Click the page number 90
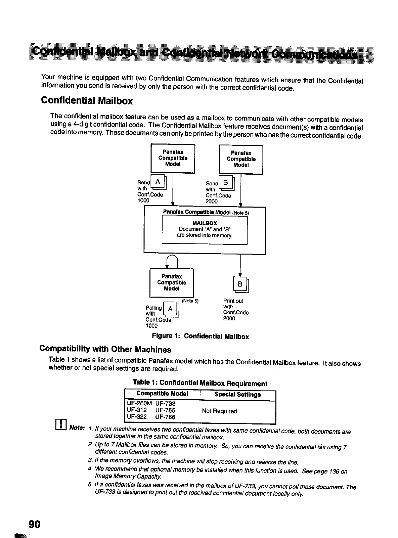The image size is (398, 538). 34,524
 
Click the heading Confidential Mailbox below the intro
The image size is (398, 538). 87,101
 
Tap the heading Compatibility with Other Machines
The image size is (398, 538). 105,349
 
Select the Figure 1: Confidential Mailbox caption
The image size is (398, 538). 201,337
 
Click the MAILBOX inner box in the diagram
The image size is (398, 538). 205,230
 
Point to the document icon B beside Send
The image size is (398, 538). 227,183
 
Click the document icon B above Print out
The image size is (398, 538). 240,284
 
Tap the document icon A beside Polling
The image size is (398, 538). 171,309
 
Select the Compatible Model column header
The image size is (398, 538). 162,394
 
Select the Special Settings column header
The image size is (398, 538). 237,395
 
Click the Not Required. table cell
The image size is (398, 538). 220,411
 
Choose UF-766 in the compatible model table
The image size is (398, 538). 165,417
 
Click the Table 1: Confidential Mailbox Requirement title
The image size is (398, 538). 200,383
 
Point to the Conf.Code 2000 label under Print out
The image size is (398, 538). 236,315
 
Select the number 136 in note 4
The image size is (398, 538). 332,471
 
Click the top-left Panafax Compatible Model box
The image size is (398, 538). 173,158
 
